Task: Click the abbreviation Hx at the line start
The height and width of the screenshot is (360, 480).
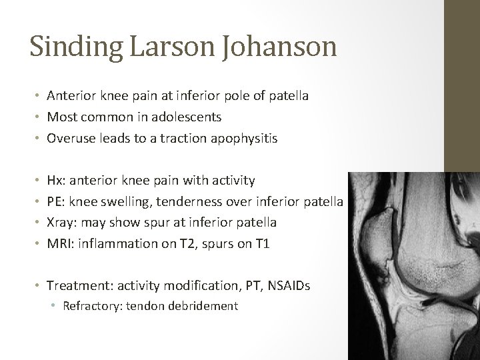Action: [55, 180]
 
